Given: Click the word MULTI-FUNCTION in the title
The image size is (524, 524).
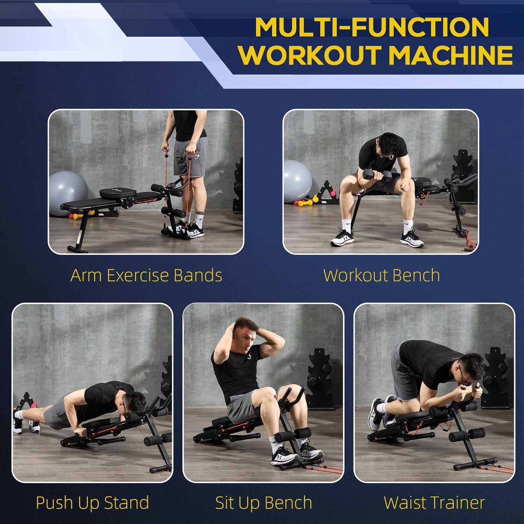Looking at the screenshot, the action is pos(372,27).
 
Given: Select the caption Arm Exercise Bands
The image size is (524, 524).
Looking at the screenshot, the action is pos(146,275).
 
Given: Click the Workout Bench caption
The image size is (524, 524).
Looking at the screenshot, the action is pos(381,275).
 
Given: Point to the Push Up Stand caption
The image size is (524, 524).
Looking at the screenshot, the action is pos(93,503).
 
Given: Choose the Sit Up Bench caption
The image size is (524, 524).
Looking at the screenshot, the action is pos(263,503).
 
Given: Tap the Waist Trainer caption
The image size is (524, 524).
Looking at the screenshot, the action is pos(434,503).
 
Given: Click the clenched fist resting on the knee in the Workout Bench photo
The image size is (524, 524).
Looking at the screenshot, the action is pos(405,187).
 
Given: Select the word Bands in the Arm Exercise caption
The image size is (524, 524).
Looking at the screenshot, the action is pos(198,275).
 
